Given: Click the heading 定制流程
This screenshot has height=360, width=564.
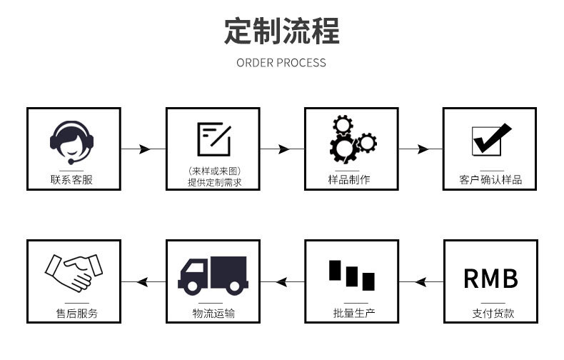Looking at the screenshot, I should coord(282,32).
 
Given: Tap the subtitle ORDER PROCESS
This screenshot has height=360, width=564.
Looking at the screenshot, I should coord(281,63).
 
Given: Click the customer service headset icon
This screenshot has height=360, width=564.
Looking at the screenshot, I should coord(73,140).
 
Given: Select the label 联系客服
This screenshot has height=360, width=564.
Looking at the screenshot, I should coord(73,179).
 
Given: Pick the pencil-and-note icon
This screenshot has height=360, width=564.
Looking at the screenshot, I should coord(213,138).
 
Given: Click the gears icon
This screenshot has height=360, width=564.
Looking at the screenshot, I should coord(351,139).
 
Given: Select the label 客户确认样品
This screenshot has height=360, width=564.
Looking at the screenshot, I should coord(490,179).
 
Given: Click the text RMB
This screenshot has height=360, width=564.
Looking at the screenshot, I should coord(490,279).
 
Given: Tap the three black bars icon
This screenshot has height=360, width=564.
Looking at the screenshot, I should coord(351,276).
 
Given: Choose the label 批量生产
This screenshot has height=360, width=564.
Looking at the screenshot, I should coord(352,313).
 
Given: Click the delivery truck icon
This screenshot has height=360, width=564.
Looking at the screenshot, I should coord(213,276).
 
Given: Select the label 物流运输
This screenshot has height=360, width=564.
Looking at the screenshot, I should coord(213,313).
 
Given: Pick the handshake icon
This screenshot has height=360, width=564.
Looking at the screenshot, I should coord(73,272).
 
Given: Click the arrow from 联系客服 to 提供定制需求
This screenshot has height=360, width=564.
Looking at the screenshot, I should coord(143,149).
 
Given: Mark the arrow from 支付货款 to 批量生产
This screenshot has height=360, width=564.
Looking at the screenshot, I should coord(421,281).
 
